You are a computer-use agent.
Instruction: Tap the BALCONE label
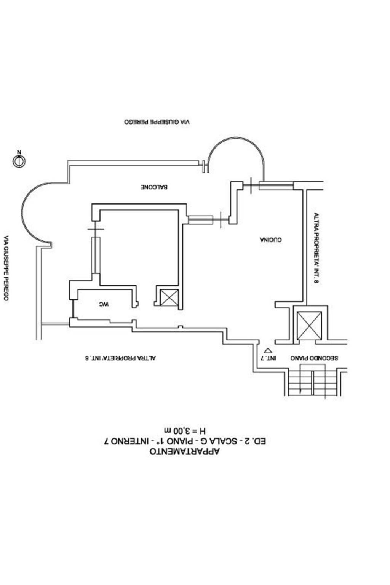(154, 187)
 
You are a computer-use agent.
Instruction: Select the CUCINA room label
(271, 240)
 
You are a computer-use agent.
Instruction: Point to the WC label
(104, 304)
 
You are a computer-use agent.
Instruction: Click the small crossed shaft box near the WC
(169, 297)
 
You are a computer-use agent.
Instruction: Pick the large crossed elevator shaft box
(309, 325)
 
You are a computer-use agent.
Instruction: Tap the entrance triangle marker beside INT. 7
(268, 350)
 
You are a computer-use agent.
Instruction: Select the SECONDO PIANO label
(314, 358)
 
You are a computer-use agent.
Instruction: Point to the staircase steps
(313, 382)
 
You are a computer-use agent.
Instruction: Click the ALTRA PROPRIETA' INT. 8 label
(316, 248)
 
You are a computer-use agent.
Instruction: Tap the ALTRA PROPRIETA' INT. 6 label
(120, 358)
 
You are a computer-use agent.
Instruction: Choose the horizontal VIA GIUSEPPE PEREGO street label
(157, 122)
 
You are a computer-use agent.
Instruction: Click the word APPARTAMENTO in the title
(185, 452)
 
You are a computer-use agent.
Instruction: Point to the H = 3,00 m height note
(185, 431)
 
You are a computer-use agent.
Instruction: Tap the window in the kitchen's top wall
(276, 186)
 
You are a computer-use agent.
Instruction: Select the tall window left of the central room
(96, 255)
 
